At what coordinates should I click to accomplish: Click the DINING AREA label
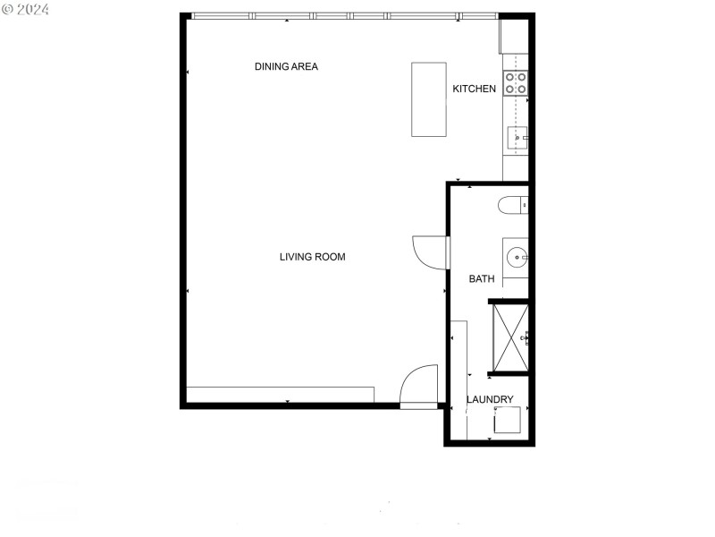[286, 66]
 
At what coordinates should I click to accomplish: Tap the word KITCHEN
[474, 89]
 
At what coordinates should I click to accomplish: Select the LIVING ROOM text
[312, 257]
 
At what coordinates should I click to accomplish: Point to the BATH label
[482, 279]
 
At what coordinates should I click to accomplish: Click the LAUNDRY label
[490, 399]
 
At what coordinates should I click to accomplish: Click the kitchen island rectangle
[428, 99]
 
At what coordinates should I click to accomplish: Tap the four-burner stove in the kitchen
[516, 83]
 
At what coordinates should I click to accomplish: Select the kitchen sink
[517, 138]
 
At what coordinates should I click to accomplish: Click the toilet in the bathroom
[513, 205]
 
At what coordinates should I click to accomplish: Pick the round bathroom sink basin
[517, 258]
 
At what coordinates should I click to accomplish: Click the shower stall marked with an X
[510, 337]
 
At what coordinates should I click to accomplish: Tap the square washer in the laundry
[508, 420]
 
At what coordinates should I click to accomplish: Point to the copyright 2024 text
[26, 9]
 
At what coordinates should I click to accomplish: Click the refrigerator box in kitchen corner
[513, 37]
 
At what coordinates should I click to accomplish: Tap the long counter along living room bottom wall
[280, 395]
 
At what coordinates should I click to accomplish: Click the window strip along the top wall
[344, 16]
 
